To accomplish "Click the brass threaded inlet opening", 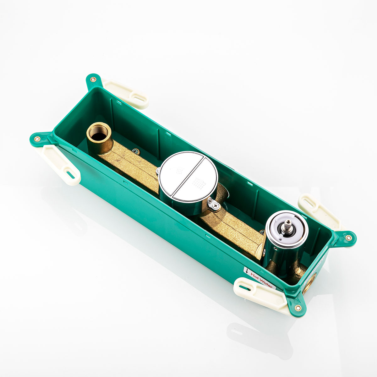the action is [x=99, y=134].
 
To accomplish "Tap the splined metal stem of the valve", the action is [x=288, y=225].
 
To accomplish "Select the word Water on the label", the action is [x=266, y=283].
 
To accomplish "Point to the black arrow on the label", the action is [x=247, y=271].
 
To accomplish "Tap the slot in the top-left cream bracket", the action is [x=139, y=98].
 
